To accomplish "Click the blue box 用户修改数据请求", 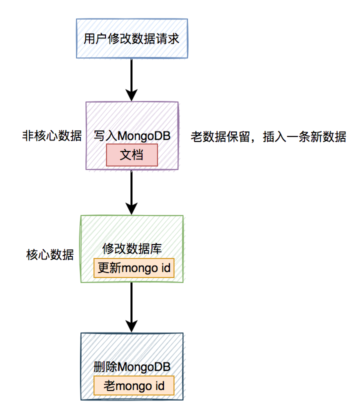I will [x=131, y=39].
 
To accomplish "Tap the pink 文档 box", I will [x=131, y=155].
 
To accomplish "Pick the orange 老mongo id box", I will [x=133, y=385].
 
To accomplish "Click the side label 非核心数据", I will [x=51, y=136].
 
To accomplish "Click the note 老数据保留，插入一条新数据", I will [x=268, y=136].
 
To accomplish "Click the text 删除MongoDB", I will [x=131, y=367].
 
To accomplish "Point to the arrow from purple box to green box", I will [x=131, y=190].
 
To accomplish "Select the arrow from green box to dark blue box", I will [x=131, y=305].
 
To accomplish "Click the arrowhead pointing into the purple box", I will [x=131, y=95].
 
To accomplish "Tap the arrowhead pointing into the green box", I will [x=131, y=209].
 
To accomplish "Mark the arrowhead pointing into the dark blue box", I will [x=131, y=326].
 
